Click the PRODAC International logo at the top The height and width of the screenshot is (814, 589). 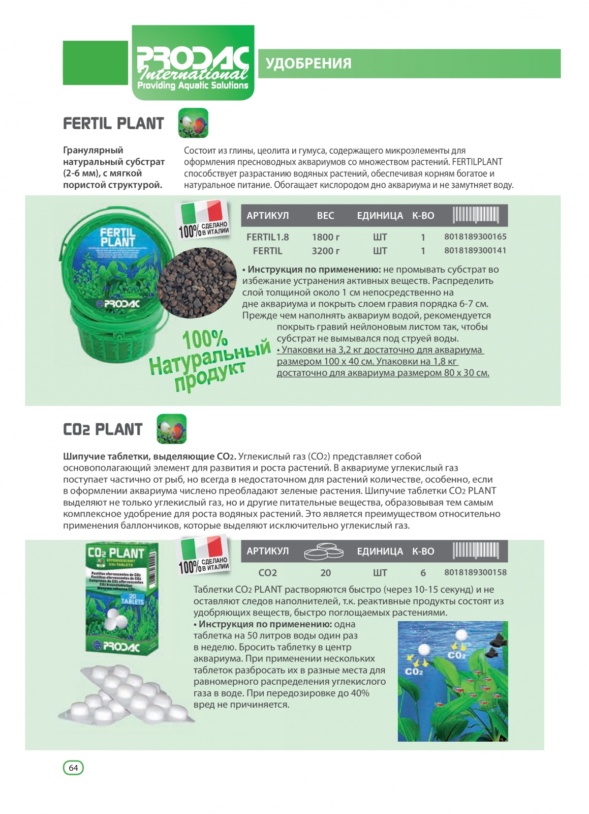click(x=193, y=64)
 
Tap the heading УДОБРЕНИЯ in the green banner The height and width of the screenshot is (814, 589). click(x=308, y=64)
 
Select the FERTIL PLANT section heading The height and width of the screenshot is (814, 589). click(x=113, y=124)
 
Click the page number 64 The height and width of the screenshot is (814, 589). click(x=73, y=767)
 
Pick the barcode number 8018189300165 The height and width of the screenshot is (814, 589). click(x=475, y=237)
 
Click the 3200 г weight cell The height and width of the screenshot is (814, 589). click(x=325, y=251)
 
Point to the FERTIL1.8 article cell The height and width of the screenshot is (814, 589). click(x=267, y=237)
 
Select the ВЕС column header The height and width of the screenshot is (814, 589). click(x=325, y=216)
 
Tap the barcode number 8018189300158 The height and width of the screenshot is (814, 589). click(x=475, y=572)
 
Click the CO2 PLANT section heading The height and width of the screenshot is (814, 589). click(x=103, y=429)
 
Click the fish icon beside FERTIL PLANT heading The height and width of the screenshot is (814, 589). click(x=193, y=123)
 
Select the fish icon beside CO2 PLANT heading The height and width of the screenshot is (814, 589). click(x=171, y=429)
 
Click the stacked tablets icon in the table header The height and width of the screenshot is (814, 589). click(x=324, y=551)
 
